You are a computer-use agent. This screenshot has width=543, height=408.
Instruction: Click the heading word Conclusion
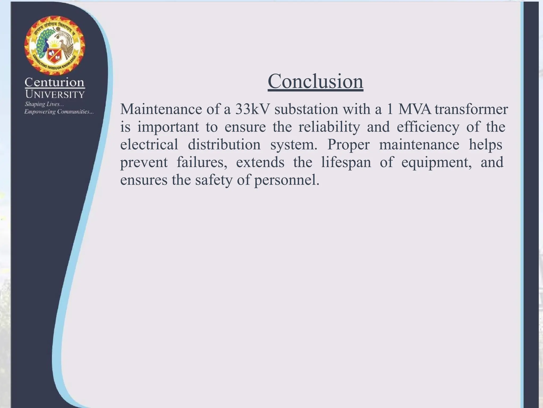(315, 81)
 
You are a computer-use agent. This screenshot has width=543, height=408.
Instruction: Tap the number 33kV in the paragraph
(252, 109)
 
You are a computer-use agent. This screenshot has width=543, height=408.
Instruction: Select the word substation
(306, 109)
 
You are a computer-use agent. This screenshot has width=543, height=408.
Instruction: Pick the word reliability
(329, 127)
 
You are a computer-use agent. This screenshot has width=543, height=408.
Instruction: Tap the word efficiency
(428, 127)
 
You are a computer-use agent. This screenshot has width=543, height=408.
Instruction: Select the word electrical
(149, 145)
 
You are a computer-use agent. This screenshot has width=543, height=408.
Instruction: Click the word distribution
(224, 145)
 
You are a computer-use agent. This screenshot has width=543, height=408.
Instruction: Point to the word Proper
(348, 145)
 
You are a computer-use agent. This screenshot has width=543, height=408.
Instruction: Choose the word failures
(202, 162)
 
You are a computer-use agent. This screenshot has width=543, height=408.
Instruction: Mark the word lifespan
(346, 162)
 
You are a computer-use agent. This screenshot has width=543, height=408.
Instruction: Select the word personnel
(287, 180)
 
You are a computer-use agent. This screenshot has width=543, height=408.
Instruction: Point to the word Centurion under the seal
(55, 82)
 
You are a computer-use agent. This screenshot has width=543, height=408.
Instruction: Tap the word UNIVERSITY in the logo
(55, 94)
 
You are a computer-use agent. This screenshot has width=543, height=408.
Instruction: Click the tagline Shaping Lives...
(44, 104)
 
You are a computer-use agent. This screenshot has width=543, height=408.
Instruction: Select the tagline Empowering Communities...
(59, 112)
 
